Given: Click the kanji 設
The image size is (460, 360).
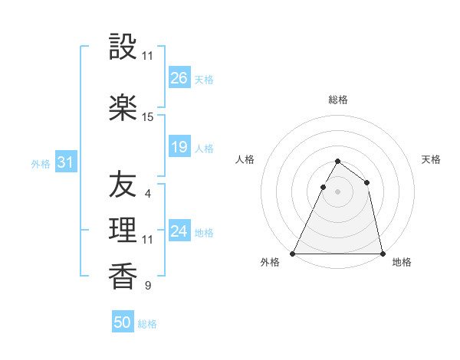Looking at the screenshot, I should point(123,48).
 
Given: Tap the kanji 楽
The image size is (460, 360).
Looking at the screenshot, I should point(123,108).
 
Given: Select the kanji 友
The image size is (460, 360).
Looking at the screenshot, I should point(123,185).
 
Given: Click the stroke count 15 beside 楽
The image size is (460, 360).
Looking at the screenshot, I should point(148,117).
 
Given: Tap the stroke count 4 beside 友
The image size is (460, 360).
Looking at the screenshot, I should point(148,193).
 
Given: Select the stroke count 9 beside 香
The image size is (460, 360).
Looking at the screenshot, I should point(148,286).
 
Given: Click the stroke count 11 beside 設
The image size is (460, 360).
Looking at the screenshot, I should point(148,57).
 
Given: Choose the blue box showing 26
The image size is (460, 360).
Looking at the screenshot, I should point(179,77).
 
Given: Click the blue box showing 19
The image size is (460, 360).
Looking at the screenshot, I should point(179,147).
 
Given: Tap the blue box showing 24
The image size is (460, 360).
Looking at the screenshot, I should point(179,231).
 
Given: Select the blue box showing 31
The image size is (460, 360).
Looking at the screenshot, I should point(66,162).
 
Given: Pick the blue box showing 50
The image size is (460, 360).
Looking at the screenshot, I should point(123,322).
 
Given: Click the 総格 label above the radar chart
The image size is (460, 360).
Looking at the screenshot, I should point(338,100).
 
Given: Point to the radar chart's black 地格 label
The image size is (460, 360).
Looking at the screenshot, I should point(402,262).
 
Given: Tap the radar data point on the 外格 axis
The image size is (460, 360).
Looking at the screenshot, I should point(293,254).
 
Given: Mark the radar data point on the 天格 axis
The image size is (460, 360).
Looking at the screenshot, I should point(367,182).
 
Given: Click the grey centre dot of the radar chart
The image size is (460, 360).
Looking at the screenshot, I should point(337,192).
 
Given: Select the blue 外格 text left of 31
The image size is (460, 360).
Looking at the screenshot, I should point(41,163).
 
